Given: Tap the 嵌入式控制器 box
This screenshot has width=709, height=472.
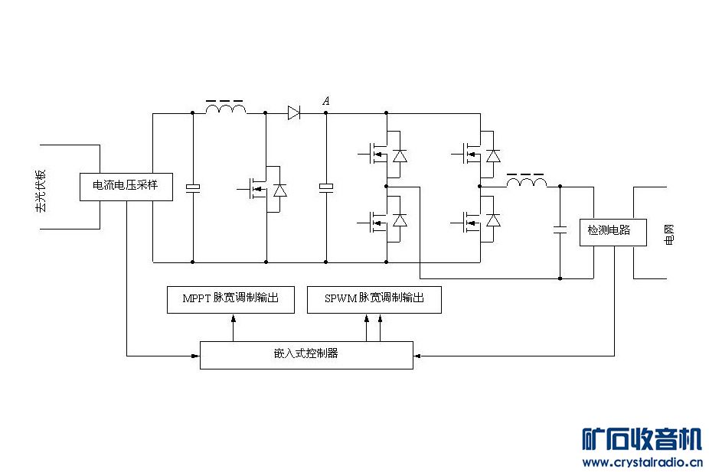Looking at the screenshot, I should click(306, 354).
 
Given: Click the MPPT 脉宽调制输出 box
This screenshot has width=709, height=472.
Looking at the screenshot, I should click(231, 299).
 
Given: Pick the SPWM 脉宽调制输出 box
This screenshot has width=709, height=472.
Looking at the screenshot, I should click(374, 299).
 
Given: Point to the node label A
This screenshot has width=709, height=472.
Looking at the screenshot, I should click(326, 101).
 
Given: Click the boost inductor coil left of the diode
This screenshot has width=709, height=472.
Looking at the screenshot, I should click(226, 110).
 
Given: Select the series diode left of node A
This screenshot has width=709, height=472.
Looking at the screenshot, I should click(294, 113).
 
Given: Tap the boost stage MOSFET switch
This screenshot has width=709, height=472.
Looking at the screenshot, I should click(260, 187).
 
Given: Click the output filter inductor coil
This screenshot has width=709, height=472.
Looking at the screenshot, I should click(527, 183).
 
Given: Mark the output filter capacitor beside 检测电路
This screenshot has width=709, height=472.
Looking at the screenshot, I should click(560, 229).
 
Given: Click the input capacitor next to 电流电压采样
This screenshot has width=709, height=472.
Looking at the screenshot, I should click(193, 187).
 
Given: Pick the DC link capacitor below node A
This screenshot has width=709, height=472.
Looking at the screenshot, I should click(326, 187).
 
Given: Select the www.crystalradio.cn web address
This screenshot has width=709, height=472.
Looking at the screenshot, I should click(642, 462).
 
